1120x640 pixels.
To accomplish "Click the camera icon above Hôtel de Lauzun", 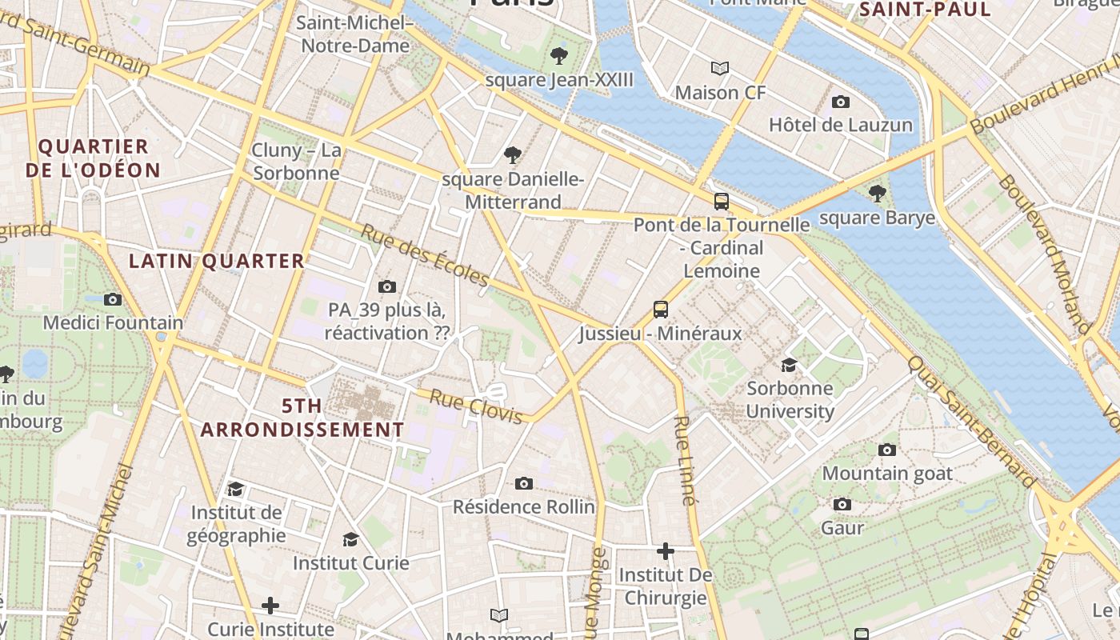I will pos(840,102).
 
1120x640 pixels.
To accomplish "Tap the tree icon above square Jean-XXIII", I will pos(558,55).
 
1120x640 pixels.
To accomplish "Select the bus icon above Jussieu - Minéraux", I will pos(660,309).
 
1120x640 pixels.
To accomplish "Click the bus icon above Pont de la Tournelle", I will pos(721,201).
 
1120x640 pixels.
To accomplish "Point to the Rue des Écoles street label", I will pos(424,255).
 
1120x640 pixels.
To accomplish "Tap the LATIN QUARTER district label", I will pos(217,261).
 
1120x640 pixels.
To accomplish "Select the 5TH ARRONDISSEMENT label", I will pos(302,418).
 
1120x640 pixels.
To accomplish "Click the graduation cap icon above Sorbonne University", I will pos(789,365).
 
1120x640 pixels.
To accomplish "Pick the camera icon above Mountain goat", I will pos(886,450).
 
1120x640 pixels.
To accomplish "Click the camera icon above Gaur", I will pos(842,504).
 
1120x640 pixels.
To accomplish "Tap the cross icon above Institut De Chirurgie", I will pos(665,550).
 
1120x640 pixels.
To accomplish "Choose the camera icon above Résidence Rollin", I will pos(524,482).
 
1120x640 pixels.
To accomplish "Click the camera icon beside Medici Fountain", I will pos(113,299).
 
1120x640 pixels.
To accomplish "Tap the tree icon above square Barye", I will pos(877,193).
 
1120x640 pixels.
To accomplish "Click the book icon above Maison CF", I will pos(720,68).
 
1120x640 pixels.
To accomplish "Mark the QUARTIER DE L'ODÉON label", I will pos(93,158).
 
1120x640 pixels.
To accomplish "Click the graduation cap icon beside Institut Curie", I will pos(350,539).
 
